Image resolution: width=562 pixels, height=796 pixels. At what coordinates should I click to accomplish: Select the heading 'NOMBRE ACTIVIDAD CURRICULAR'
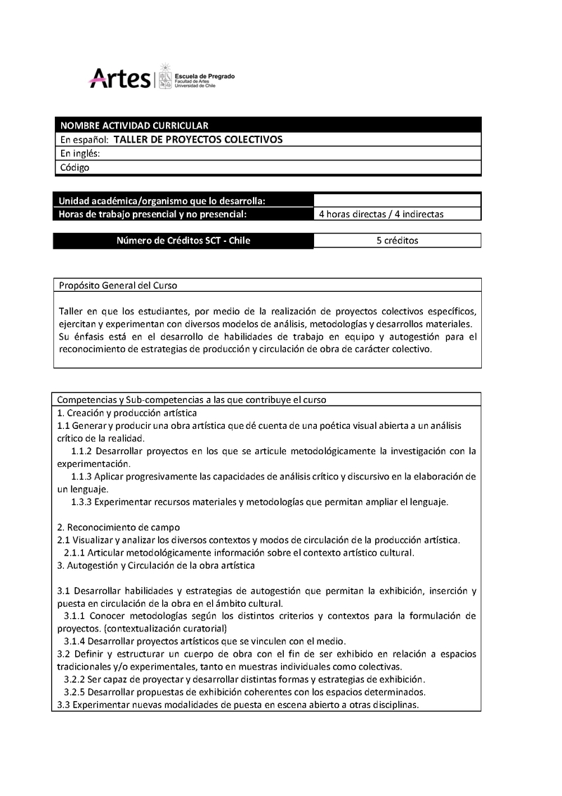(133, 125)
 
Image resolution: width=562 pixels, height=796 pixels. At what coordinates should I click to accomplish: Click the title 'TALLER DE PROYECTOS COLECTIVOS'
(197, 139)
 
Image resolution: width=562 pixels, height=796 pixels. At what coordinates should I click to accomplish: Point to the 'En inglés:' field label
(80, 153)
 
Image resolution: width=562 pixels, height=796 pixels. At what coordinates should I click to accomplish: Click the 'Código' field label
(74, 167)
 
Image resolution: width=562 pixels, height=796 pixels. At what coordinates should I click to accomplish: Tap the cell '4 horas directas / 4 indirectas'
(381, 214)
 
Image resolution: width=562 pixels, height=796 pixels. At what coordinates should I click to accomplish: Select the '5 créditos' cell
(397, 240)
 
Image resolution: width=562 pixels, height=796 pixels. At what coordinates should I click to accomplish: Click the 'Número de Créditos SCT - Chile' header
(183, 240)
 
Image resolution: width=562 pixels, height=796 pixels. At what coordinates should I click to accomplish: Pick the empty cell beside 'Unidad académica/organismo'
(397, 200)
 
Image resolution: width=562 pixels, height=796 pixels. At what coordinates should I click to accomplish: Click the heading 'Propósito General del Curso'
(118, 285)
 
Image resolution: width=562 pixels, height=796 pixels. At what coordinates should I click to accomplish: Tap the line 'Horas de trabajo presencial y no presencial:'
(152, 214)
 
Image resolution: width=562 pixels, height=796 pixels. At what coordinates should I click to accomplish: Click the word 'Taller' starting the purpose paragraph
(71, 311)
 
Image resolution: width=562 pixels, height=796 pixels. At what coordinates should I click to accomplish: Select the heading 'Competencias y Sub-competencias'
(191, 399)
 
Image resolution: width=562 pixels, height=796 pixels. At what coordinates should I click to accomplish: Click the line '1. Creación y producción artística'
(126, 413)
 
